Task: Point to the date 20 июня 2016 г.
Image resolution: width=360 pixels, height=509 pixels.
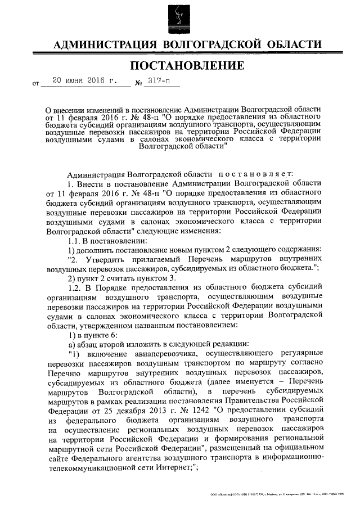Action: coord(84,81)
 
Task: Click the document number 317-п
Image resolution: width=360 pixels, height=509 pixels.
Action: coord(159,81)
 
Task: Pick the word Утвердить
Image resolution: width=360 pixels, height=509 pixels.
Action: coord(109,260)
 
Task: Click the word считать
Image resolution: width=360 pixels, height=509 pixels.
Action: coord(128,278)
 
